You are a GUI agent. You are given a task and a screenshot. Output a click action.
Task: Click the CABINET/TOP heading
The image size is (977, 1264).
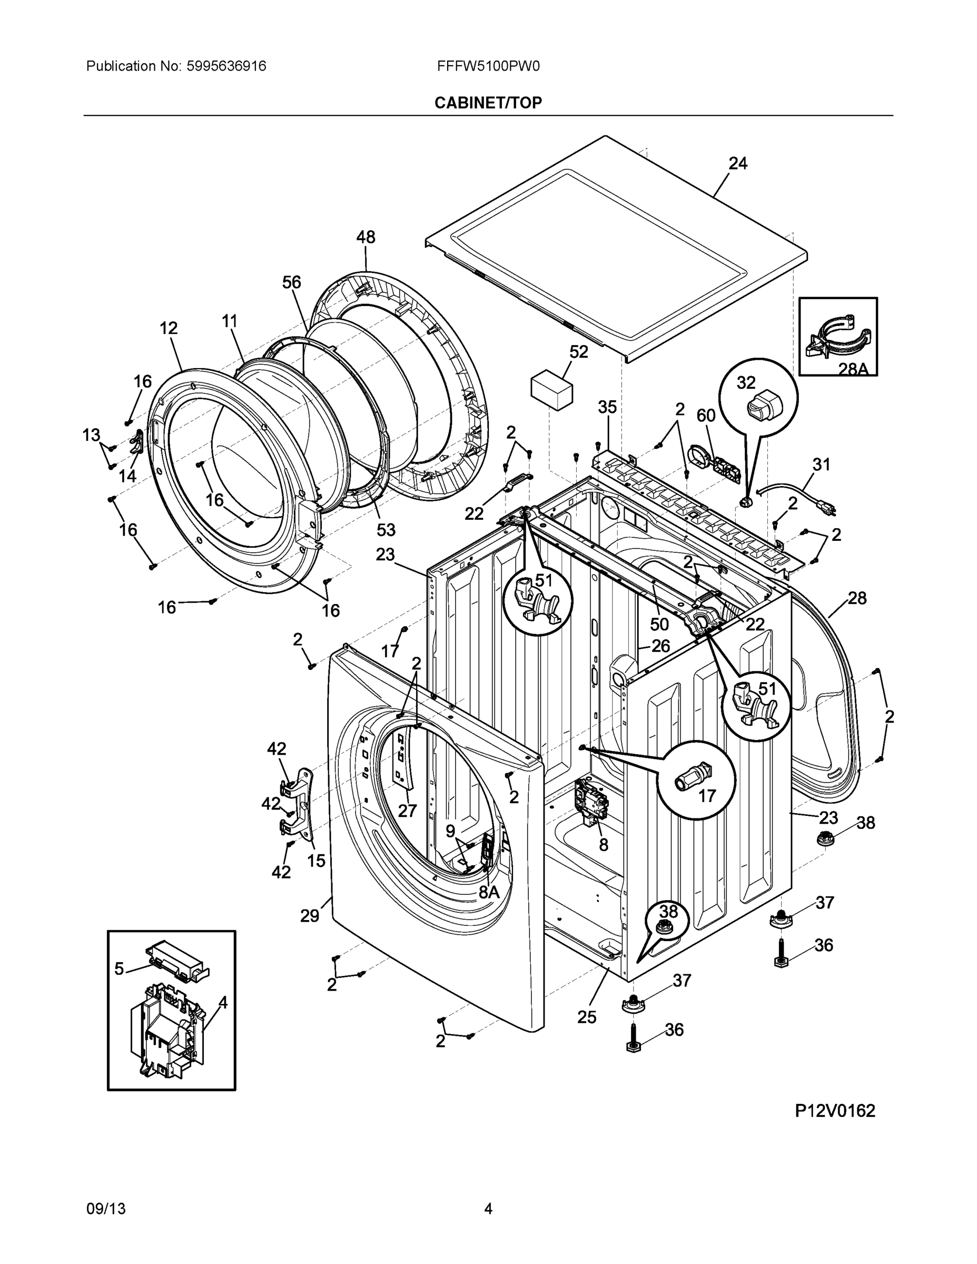[x=488, y=103]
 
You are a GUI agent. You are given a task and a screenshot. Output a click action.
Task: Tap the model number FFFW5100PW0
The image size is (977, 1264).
[x=488, y=66]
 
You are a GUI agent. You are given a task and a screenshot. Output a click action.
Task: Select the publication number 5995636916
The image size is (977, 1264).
[x=226, y=66]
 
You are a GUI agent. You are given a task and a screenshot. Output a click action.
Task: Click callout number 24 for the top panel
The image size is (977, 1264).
[x=737, y=164]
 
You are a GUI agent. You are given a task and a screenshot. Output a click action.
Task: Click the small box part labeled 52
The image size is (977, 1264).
[x=551, y=392]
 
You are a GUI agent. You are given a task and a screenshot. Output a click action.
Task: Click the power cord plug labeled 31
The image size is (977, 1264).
[x=827, y=509]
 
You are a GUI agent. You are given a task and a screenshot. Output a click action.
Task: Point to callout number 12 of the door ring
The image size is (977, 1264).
[x=169, y=328]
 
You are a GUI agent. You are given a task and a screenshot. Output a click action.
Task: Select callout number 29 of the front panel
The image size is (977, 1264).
[x=310, y=915]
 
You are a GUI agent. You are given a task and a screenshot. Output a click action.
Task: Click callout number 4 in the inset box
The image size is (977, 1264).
[x=223, y=1002]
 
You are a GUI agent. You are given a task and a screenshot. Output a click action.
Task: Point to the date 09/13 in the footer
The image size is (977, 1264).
[x=105, y=1209]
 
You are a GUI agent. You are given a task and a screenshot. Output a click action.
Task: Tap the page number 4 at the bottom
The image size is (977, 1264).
[x=488, y=1209]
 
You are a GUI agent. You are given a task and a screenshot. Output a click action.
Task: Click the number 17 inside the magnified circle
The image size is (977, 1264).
[x=707, y=796]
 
